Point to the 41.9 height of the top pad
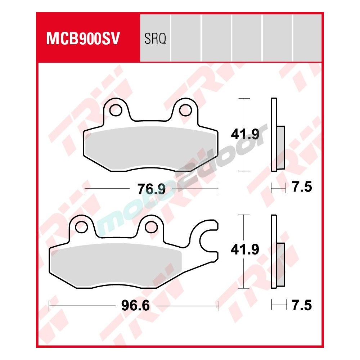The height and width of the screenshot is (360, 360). (245, 135)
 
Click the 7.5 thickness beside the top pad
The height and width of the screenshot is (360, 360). (302, 188)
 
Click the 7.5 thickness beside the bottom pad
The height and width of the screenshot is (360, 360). (302, 306)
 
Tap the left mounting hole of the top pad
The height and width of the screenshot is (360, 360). (116, 111)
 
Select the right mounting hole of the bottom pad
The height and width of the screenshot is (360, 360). (151, 227)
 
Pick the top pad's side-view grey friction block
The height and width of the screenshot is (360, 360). (280, 148)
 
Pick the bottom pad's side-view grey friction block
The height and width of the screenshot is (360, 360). (280, 265)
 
